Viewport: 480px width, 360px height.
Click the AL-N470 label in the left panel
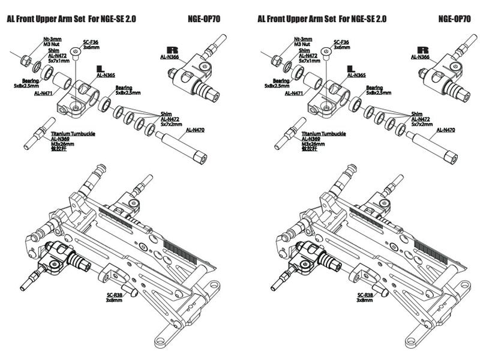(x=196, y=130)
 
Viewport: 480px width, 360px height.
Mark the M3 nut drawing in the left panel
(x=25, y=61)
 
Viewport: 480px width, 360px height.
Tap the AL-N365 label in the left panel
(x=106, y=75)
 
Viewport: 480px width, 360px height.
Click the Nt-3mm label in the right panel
(x=305, y=39)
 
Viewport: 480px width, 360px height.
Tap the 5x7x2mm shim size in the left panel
(x=172, y=124)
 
